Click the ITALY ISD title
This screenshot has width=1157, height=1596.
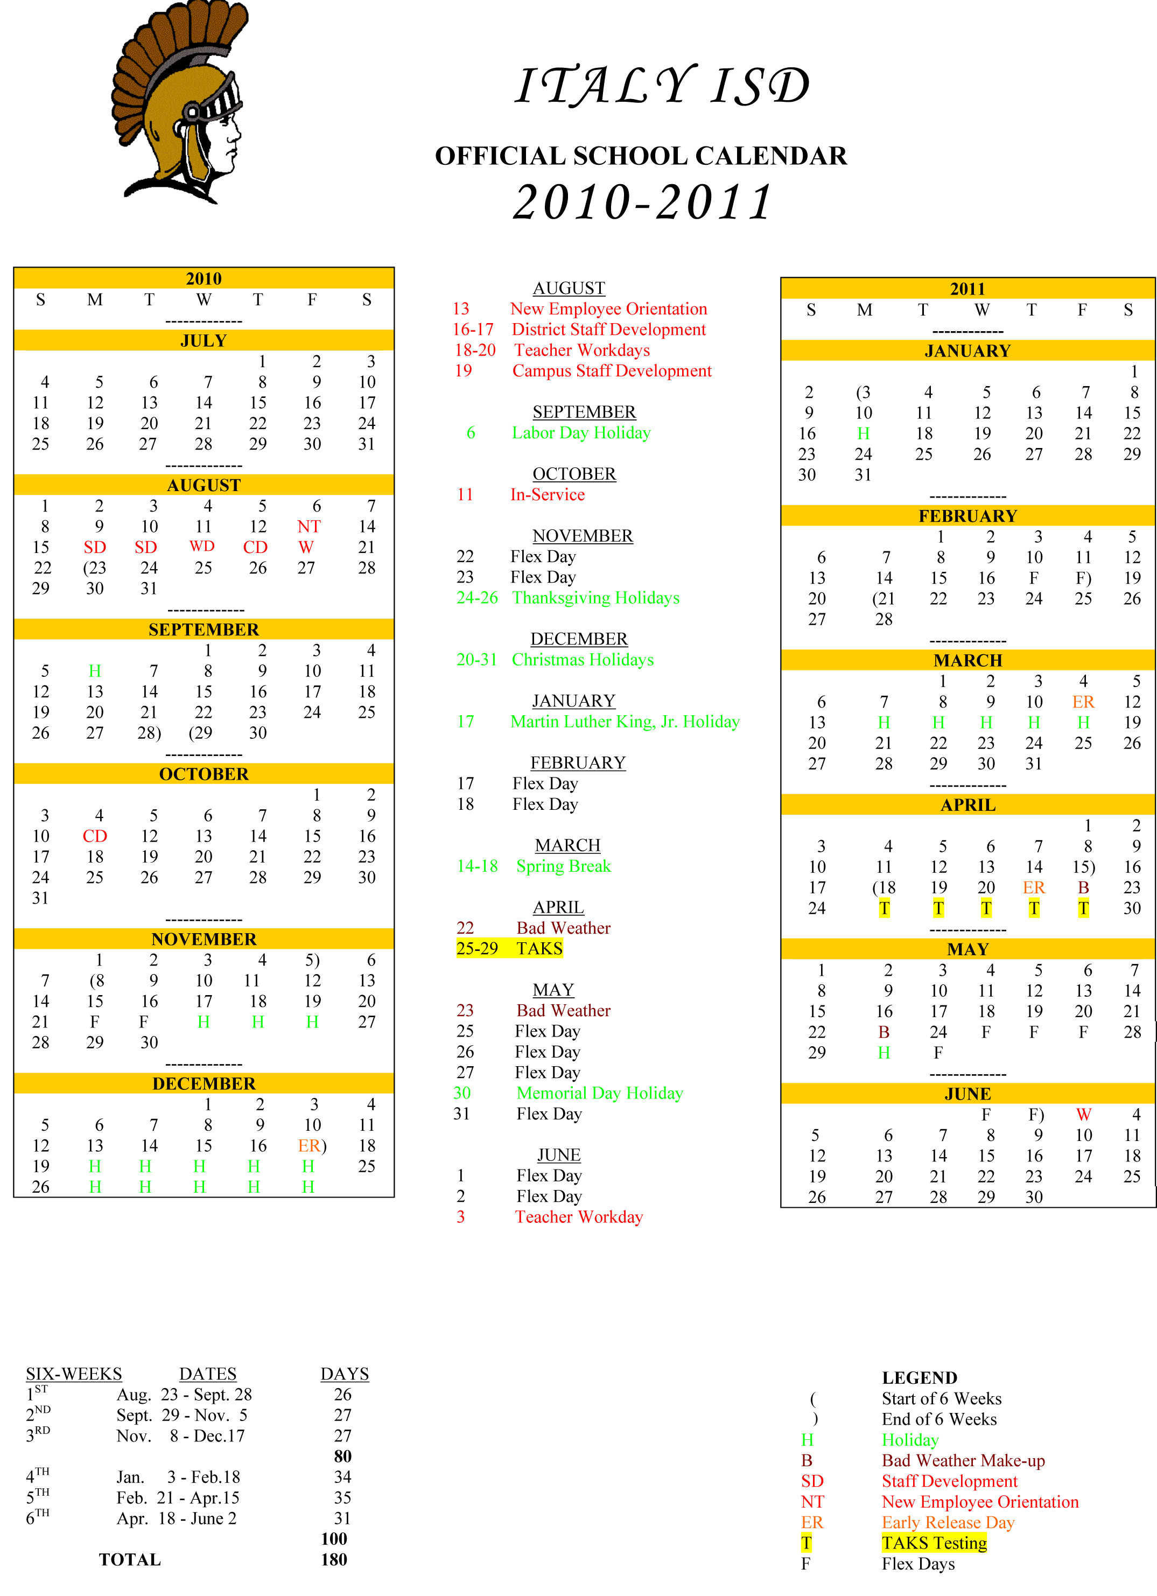click(662, 86)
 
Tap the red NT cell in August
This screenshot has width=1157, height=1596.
click(308, 527)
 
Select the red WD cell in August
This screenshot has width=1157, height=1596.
click(202, 546)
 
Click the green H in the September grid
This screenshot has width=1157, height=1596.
click(95, 670)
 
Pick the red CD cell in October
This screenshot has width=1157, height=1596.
click(95, 836)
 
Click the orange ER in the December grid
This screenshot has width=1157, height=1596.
click(309, 1146)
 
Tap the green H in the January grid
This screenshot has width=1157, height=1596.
click(863, 433)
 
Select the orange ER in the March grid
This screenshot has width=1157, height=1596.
click(1083, 702)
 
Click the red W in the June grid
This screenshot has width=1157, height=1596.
click(1083, 1115)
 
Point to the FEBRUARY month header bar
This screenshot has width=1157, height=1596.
click(967, 516)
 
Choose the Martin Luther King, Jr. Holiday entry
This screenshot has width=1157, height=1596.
click(625, 722)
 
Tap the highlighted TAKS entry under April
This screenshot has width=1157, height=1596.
click(539, 949)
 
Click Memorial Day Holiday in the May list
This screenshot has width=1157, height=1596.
click(600, 1093)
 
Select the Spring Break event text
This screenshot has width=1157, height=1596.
click(563, 866)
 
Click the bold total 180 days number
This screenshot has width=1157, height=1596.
click(334, 1559)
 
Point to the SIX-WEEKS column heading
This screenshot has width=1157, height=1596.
click(74, 1374)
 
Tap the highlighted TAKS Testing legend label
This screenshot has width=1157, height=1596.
click(934, 1543)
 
